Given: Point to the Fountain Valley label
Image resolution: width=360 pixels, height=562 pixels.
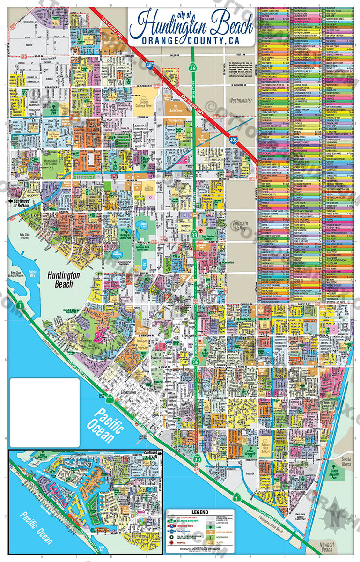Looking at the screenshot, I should tap(243, 226).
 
